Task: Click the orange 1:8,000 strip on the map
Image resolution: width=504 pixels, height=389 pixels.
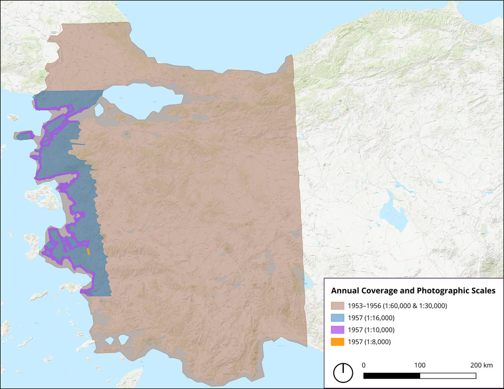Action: point(88,251)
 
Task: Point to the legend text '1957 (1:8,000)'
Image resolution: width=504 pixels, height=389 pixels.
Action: point(369,341)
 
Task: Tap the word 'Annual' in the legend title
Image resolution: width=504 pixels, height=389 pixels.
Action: point(346,291)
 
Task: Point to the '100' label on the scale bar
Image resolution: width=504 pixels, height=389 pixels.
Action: point(419,365)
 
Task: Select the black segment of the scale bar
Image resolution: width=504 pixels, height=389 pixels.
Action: point(392,375)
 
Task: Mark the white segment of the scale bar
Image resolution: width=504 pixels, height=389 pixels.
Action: point(448,375)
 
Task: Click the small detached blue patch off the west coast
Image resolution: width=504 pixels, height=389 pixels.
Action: point(24,135)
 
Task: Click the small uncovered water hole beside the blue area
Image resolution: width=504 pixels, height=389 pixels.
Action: point(99,110)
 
